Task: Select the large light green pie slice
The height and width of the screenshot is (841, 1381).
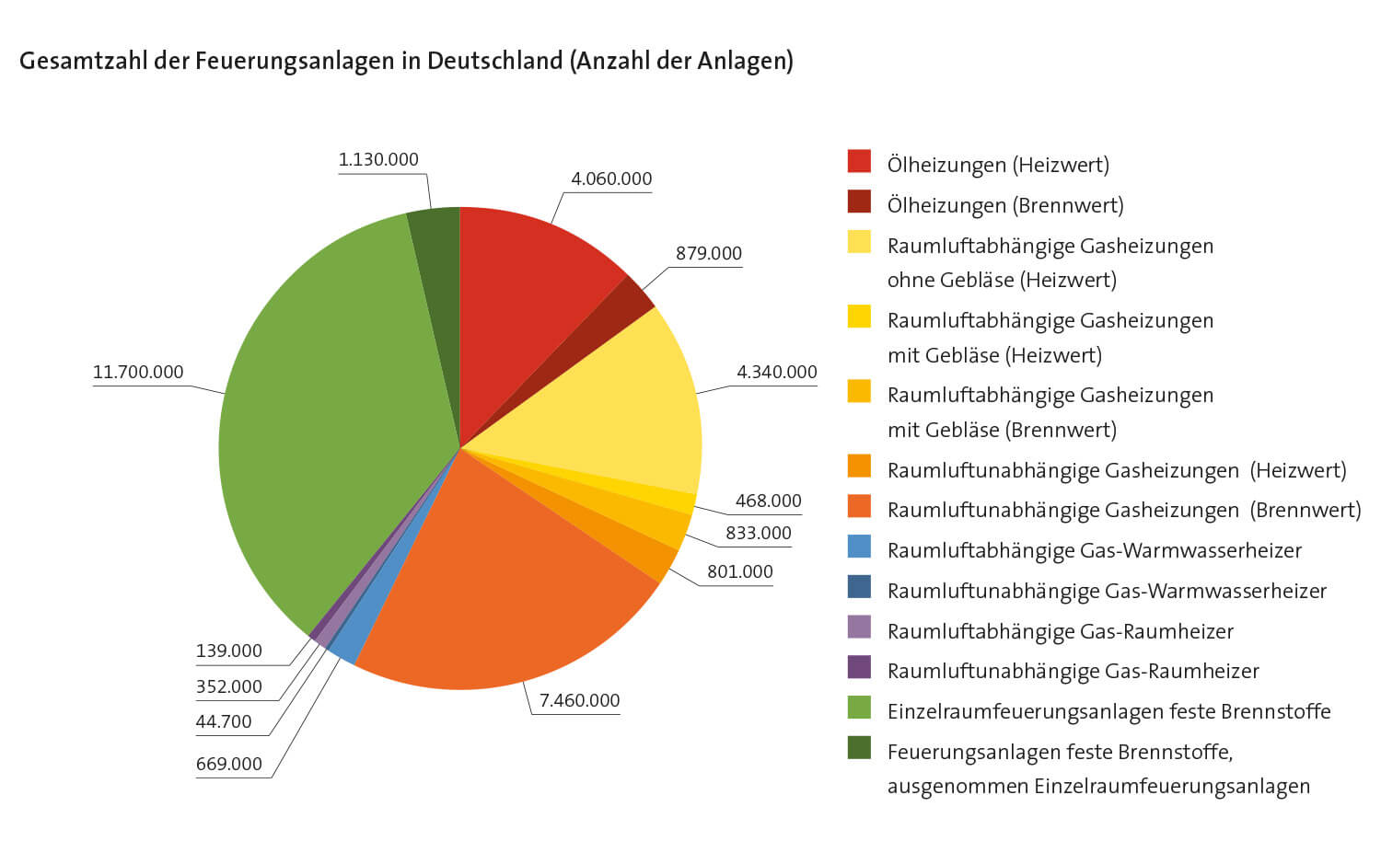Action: click(331, 414)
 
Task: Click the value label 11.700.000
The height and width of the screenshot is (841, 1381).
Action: click(138, 373)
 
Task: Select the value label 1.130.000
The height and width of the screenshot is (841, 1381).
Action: click(378, 160)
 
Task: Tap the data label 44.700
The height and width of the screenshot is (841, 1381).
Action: click(224, 722)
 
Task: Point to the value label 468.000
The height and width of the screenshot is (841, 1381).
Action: click(768, 501)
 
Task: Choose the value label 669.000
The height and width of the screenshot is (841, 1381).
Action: click(228, 765)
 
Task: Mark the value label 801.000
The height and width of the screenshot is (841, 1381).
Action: click(739, 572)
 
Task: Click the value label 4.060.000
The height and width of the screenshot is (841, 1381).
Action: click(611, 179)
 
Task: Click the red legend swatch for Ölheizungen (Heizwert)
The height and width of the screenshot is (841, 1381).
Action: click(859, 162)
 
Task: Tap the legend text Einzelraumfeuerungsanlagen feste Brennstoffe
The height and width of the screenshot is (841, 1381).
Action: click(1108, 711)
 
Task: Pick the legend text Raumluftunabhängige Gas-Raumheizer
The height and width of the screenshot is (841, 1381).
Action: click(1073, 671)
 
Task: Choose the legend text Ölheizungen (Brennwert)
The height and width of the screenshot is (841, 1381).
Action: click(1004, 205)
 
